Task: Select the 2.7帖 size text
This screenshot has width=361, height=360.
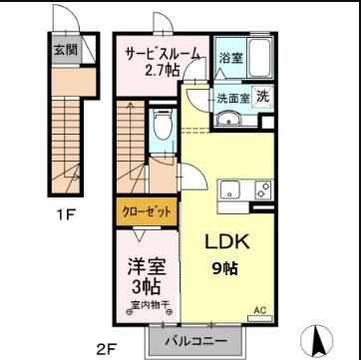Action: (x=162, y=70)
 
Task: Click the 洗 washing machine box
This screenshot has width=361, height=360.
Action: (x=262, y=97)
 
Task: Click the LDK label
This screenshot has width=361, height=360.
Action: (x=227, y=242)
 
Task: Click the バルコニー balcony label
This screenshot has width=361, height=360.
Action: (x=191, y=342)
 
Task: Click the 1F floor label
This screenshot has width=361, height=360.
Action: (x=68, y=212)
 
